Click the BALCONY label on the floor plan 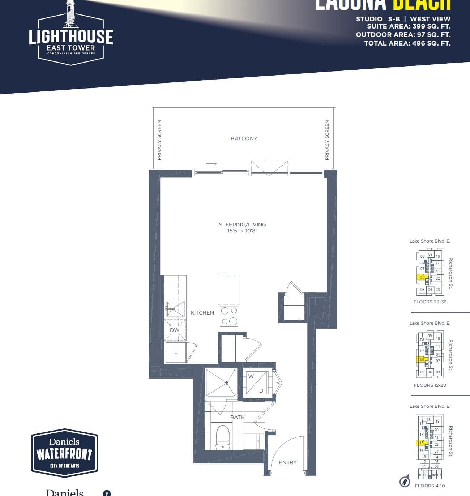tap(244, 138)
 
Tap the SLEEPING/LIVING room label tap(242, 225)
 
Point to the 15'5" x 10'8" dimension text tap(242, 231)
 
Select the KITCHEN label tap(202, 313)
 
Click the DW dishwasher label tap(175, 330)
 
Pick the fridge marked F tap(176, 353)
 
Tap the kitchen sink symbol tap(175, 309)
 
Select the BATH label tap(238, 417)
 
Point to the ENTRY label tap(287, 462)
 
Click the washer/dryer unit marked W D tap(256, 383)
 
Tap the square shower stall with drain tap(221, 383)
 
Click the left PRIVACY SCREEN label tap(159, 140)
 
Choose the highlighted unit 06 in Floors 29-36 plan tap(423, 278)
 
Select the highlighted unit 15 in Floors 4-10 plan tap(422, 443)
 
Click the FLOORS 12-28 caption tap(430, 385)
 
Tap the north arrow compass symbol tap(405, 481)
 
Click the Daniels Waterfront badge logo tap(65, 453)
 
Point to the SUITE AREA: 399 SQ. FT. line tap(409, 26)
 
